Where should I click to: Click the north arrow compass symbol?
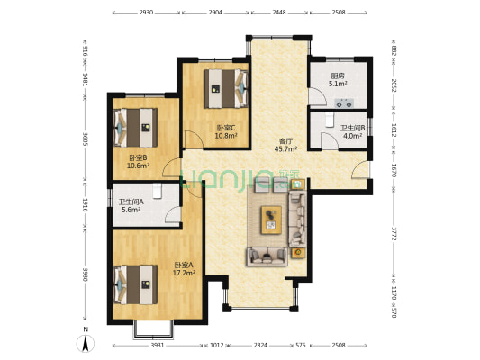click(x=86, y=343)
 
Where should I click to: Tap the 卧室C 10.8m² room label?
click(x=226, y=131)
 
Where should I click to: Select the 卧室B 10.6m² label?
click(x=138, y=161)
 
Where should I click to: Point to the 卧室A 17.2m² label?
click(x=184, y=268)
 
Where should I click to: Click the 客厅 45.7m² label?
click(x=286, y=145)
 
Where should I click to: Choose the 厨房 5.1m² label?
click(x=338, y=79)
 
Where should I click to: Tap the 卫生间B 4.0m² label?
click(x=352, y=131)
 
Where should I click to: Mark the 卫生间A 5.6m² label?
click(x=131, y=205)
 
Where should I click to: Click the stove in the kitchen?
click(x=344, y=103)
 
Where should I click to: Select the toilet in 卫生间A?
click(x=158, y=191)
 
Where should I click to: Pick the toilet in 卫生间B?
click(x=329, y=120)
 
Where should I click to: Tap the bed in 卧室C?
click(x=226, y=89)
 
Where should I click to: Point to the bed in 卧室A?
click(x=136, y=284)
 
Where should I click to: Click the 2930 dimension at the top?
click(x=146, y=13)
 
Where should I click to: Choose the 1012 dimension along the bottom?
click(x=217, y=346)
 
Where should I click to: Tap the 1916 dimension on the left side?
click(x=86, y=205)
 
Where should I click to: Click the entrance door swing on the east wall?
click(x=360, y=170)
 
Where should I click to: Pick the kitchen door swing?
click(x=316, y=96)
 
